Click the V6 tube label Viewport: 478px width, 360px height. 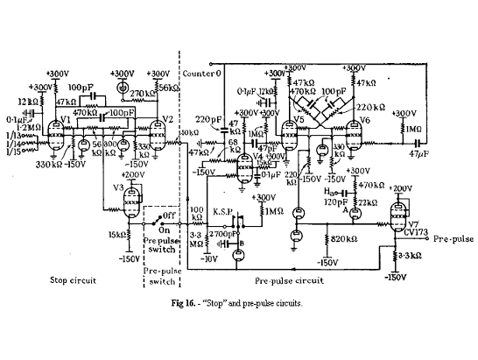tap(365, 119)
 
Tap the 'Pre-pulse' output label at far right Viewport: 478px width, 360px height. tap(452, 237)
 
